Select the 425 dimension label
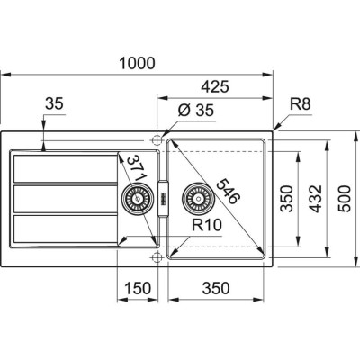point(213,87)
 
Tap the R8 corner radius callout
point(301,104)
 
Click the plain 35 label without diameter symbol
point(53,105)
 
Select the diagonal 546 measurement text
point(220,192)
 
